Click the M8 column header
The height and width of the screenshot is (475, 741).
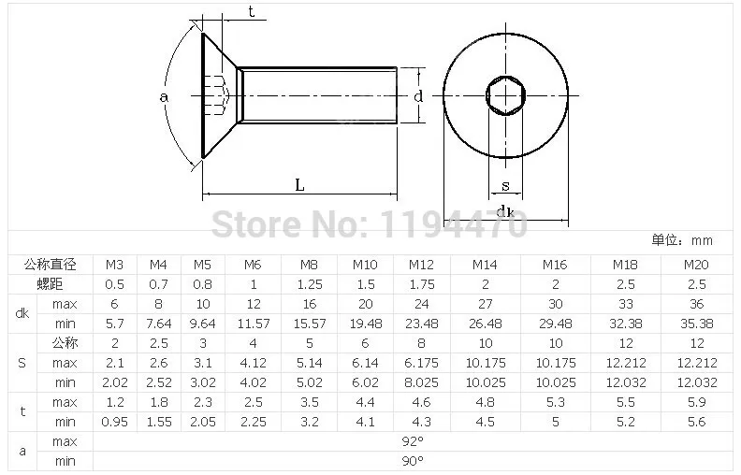(x=309, y=265)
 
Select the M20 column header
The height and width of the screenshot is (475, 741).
(x=696, y=265)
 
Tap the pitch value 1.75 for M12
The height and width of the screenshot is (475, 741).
(x=422, y=284)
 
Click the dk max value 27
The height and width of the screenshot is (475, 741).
(x=486, y=304)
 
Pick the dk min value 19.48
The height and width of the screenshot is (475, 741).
(x=365, y=324)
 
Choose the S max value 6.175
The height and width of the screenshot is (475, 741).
(x=422, y=363)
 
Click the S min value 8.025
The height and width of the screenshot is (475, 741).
(x=422, y=382)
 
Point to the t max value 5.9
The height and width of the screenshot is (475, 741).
(x=697, y=402)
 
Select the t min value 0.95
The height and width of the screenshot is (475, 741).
(x=115, y=422)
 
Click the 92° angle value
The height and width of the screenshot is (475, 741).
(x=413, y=441)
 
